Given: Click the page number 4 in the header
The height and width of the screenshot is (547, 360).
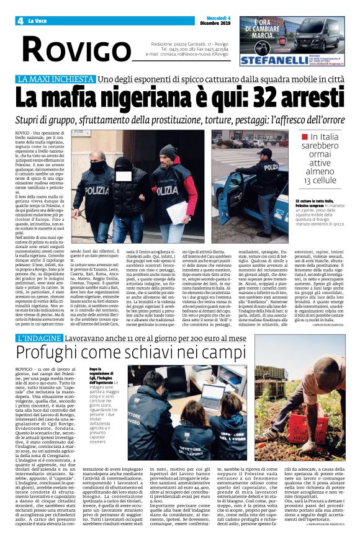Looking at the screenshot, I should point(20,21).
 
